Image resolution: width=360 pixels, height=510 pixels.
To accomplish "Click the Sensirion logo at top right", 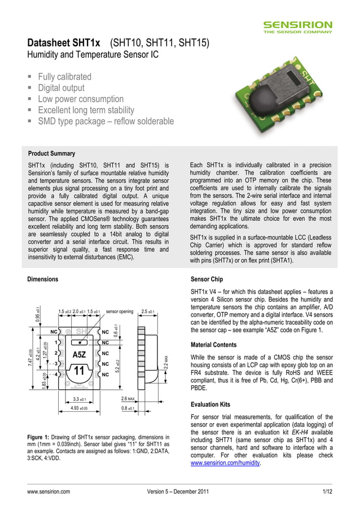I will coord(298,27).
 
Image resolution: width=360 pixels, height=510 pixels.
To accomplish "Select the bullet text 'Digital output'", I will coord(61,88).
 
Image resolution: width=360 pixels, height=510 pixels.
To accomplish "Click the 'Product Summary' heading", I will coord(51,154).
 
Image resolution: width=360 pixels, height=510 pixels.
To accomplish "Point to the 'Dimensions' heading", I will coord(43,279).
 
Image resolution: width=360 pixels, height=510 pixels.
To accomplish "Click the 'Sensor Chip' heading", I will coord(207,279).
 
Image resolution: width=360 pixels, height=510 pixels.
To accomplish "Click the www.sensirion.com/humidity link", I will coord(226,463).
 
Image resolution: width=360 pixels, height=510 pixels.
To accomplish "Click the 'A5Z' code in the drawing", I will coord(79,355).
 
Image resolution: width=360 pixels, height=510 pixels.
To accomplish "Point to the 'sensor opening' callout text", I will coord(120,311).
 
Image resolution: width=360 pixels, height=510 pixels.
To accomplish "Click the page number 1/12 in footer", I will coord(327,492).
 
